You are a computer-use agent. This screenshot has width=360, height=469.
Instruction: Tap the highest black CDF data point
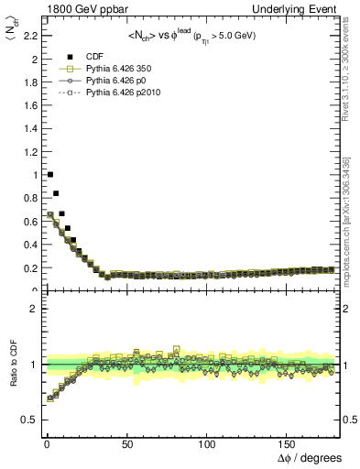point(50,174)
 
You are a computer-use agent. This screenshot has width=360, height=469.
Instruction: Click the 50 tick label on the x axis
point(125,443)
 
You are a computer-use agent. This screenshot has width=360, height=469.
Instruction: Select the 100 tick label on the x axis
point(206,443)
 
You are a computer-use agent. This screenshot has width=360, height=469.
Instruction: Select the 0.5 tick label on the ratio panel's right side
point(349,420)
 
